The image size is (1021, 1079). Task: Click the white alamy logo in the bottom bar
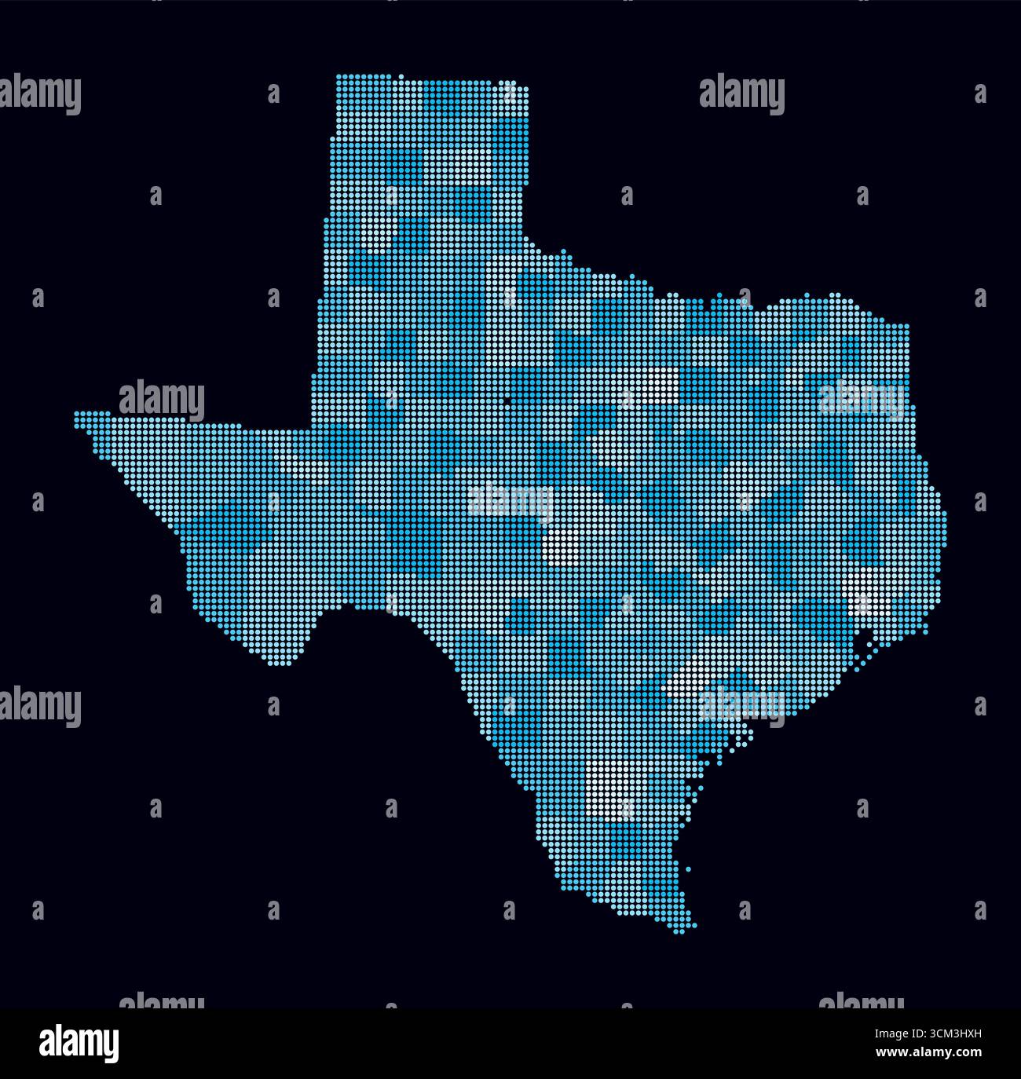(x=79, y=1044)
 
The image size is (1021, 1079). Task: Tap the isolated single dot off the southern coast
(x=689, y=869)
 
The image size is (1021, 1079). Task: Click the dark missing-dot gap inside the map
(x=508, y=402)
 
